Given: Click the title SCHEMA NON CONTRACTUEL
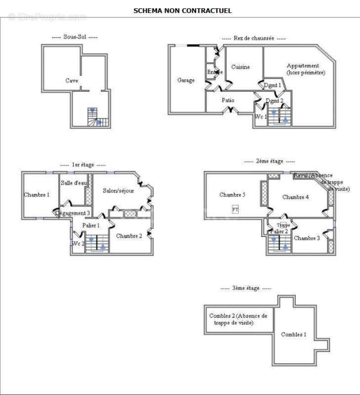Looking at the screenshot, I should (182, 10).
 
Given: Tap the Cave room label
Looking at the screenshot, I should (72, 80).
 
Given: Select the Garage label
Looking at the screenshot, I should (186, 80).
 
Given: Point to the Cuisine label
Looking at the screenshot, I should (240, 67).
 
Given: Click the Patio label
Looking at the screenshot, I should (228, 100).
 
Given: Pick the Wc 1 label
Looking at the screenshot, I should (261, 117).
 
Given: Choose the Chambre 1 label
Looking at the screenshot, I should (37, 195).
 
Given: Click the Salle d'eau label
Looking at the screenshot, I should (74, 183).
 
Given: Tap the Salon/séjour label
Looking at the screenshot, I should (118, 191).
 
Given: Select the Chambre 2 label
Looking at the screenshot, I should (129, 236).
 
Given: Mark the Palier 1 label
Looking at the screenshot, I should (91, 225).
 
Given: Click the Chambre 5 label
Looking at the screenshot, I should (233, 195).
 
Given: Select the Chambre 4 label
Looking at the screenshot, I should (295, 197).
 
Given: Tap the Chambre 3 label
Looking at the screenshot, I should (307, 238).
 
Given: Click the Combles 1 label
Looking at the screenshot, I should (294, 334).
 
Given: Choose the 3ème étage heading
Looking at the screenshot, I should (246, 288).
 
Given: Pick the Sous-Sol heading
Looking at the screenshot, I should (75, 37).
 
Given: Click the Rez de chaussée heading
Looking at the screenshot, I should (254, 38).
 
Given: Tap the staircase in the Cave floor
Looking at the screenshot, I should (94, 117).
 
